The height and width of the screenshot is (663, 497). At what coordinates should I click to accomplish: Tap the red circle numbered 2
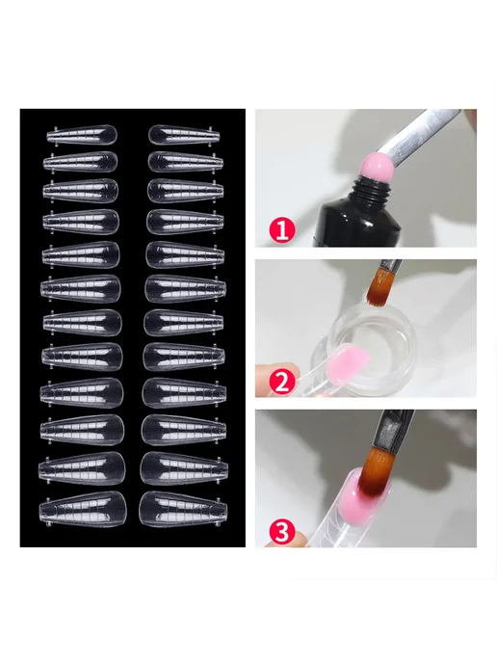[281, 381]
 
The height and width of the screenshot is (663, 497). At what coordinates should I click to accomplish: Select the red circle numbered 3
[282, 531]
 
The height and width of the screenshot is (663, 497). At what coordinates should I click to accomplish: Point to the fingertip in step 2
[275, 380]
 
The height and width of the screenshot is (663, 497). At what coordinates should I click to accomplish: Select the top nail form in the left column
[81, 135]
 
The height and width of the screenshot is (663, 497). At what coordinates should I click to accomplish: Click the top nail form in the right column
[185, 135]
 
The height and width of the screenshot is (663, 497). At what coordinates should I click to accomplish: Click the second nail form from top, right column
[185, 162]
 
